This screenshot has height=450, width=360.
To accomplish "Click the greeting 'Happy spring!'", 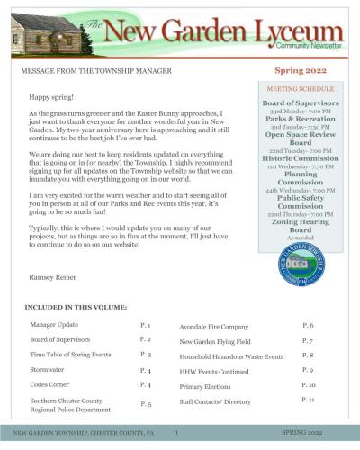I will tap(49, 96).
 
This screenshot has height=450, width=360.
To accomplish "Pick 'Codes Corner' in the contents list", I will tap(51, 385).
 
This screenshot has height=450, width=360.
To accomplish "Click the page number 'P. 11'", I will tap(309, 398).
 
